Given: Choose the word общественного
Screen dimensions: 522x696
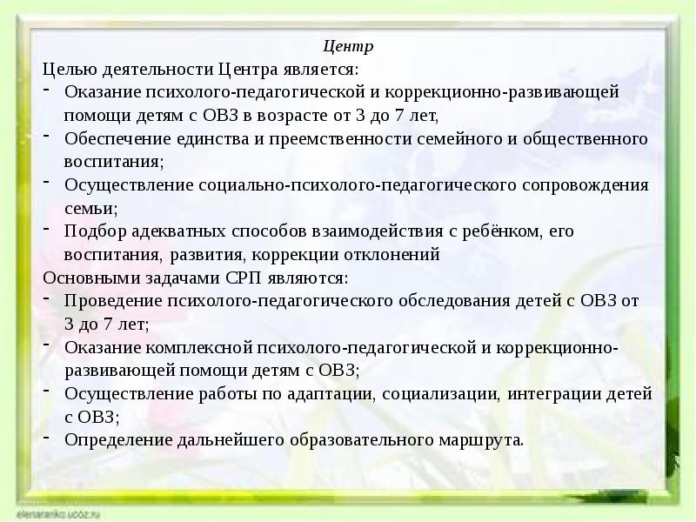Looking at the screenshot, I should (x=591, y=138).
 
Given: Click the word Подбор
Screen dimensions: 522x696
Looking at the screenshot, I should (x=92, y=232).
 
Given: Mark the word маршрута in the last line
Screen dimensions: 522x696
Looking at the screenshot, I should (x=486, y=438).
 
